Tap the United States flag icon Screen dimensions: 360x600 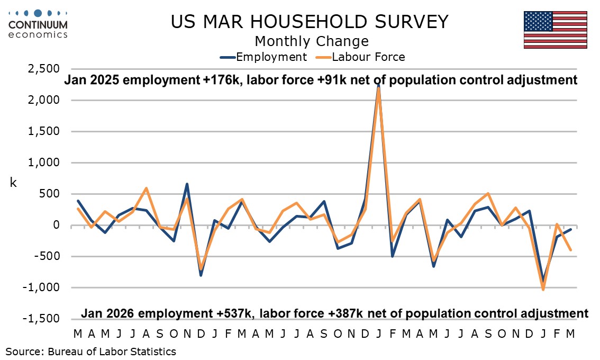click(555, 30)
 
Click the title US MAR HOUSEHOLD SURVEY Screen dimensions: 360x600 click(310, 22)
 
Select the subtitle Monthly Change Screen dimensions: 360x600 click(311, 41)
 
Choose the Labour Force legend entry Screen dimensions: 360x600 click(361, 57)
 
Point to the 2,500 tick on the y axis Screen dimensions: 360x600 click(45, 69)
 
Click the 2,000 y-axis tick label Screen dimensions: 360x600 click(45, 100)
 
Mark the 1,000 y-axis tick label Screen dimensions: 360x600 click(45, 163)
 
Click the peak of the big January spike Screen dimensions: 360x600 click(378, 85)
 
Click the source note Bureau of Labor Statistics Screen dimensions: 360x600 click(91, 351)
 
